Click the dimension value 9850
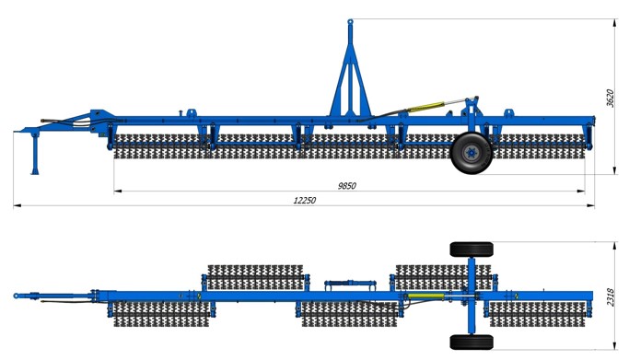(x=347, y=186)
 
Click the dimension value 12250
(x=305, y=200)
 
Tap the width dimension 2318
(x=611, y=297)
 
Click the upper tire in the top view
(x=472, y=250)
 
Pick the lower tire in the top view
(x=472, y=342)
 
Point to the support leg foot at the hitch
(x=35, y=172)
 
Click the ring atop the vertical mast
(x=350, y=21)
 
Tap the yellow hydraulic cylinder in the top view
(x=426, y=296)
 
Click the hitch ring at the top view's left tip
(x=16, y=296)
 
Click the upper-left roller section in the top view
(x=255, y=277)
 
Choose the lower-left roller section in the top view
(x=161, y=314)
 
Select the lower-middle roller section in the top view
(x=349, y=314)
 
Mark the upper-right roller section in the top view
(x=443, y=277)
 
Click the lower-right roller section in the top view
(x=538, y=314)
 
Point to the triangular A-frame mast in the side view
(x=350, y=80)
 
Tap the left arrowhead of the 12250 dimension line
(x=17, y=206)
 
